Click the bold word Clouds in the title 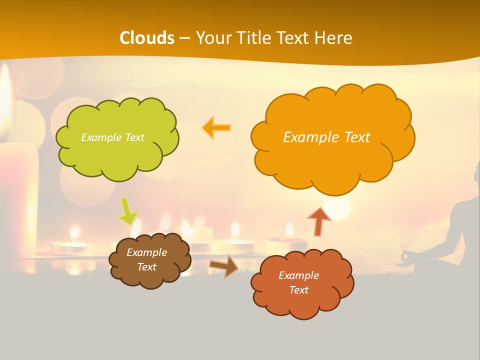pos(147,38)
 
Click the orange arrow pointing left pos(216,128)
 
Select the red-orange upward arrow pos(319,221)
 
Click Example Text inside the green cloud pos(112,137)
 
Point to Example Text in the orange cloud pos(326,137)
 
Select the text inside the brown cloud pos(146,260)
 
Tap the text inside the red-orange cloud pos(298,282)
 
